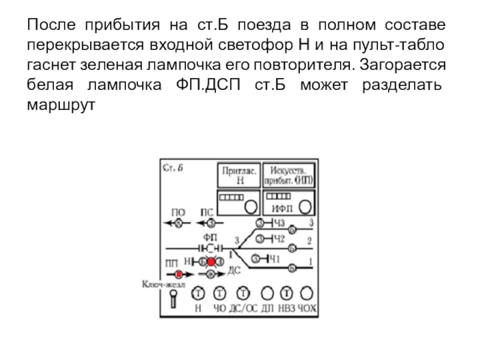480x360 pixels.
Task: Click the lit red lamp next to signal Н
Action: tap(211, 262)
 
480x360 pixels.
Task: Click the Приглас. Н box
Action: tap(239, 175)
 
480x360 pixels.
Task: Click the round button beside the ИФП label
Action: tap(305, 206)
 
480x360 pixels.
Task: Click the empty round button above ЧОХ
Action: tap(307, 293)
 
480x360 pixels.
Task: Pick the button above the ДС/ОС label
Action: tap(243, 293)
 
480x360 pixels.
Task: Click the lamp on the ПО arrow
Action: tap(178, 223)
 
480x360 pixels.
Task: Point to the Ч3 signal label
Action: tap(278, 223)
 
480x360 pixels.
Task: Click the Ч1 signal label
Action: tap(274, 259)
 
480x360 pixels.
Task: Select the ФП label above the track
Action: tap(211, 237)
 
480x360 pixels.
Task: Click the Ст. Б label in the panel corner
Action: tap(173, 168)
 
